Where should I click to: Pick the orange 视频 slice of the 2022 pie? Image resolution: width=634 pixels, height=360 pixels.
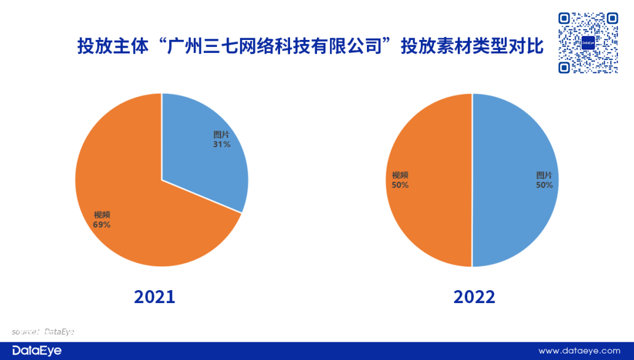(x=429, y=180)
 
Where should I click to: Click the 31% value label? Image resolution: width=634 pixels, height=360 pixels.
(x=221, y=144)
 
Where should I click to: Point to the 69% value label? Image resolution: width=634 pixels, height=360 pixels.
(x=102, y=224)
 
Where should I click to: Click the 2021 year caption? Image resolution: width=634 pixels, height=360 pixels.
(x=154, y=297)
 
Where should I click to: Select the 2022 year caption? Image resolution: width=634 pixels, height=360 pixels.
(x=474, y=297)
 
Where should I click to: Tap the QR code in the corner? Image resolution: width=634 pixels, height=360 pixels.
(x=588, y=43)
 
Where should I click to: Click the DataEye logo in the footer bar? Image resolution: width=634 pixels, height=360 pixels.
(x=37, y=350)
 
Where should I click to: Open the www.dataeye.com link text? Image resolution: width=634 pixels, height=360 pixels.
(x=579, y=351)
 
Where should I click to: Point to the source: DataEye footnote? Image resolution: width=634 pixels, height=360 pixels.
(x=43, y=332)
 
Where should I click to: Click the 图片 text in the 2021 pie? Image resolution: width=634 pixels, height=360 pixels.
(x=221, y=134)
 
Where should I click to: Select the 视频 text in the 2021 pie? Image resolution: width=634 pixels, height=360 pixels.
(x=102, y=215)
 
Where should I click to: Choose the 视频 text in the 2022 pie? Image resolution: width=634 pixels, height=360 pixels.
(x=400, y=175)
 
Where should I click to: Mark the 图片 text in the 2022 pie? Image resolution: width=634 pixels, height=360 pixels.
(x=544, y=175)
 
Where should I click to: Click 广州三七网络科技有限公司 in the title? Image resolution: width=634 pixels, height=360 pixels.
(x=275, y=46)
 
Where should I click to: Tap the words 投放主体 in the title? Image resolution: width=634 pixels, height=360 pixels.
(x=113, y=46)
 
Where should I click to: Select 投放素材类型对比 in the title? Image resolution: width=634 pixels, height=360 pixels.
(x=472, y=46)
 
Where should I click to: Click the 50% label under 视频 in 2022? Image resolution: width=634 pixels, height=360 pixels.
(x=400, y=185)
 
